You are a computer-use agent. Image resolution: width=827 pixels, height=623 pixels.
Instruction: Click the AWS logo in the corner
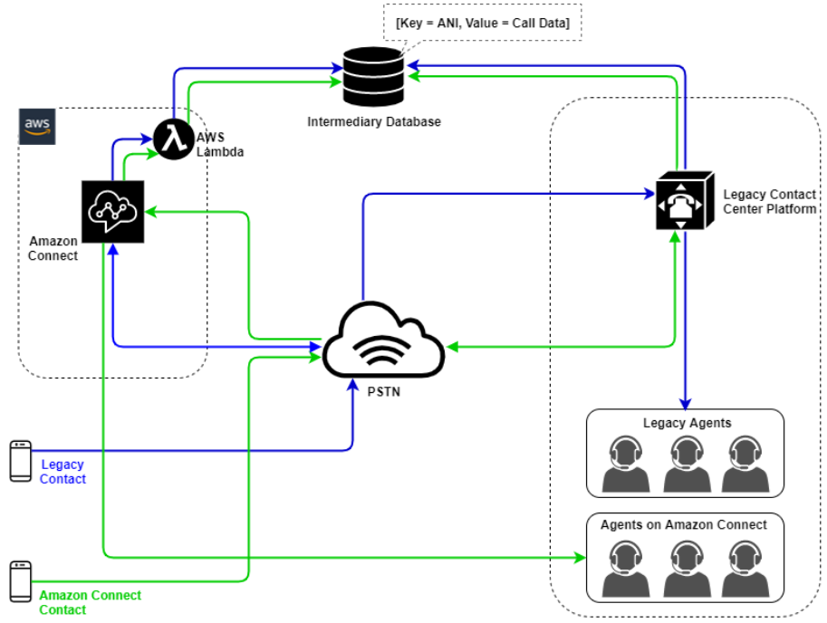tap(37, 126)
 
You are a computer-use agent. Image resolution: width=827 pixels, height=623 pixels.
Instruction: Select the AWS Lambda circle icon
tap(169, 139)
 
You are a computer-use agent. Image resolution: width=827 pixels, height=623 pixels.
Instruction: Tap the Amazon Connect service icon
tap(112, 211)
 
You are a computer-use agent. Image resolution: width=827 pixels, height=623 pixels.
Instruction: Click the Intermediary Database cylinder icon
tap(373, 79)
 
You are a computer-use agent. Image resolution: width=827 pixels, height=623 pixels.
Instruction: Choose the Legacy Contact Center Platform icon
tap(685, 200)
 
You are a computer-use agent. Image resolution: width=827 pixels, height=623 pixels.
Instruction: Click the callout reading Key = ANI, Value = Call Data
tap(482, 23)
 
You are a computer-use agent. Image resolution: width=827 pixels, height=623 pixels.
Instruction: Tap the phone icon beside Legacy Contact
tap(20, 461)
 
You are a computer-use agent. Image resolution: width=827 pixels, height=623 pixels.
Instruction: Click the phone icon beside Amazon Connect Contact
tap(20, 582)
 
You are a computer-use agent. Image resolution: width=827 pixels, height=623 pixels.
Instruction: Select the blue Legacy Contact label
tap(63, 471)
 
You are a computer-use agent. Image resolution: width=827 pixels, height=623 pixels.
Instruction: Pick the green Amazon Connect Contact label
tap(90, 602)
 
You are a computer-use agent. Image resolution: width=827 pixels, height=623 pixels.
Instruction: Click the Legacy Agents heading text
tap(687, 423)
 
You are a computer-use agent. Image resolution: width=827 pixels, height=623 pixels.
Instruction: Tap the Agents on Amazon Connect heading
tap(683, 525)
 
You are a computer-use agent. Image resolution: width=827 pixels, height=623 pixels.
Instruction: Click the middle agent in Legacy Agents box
tap(685, 463)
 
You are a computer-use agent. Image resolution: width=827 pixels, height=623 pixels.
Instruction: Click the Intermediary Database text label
tap(373, 121)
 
